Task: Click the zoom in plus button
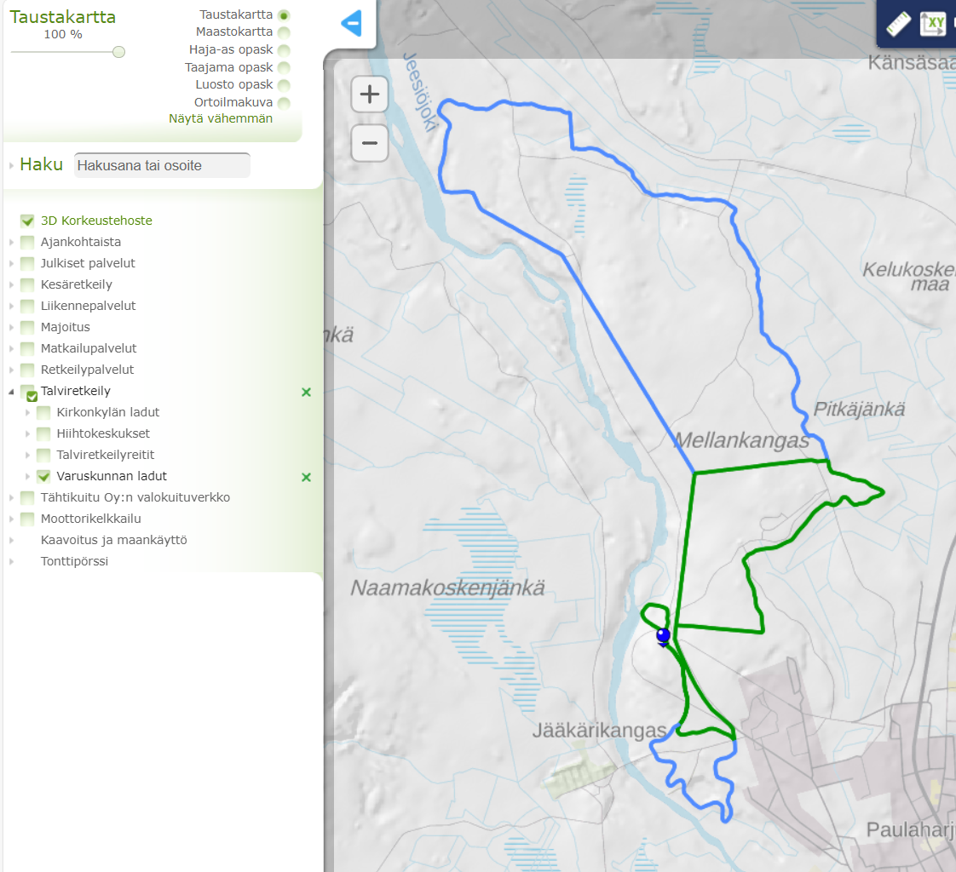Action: click(x=370, y=95)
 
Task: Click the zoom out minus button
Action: click(x=370, y=142)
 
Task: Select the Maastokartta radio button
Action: click(x=284, y=32)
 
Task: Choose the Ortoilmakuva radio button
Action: click(x=284, y=103)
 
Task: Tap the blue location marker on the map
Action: click(x=663, y=635)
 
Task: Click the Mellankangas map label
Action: click(x=741, y=441)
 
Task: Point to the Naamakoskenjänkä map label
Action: click(x=447, y=588)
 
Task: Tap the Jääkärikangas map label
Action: click(x=599, y=731)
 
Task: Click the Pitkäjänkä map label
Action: click(x=859, y=410)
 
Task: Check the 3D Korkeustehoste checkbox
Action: click(x=27, y=221)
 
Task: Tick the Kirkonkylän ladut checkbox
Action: click(x=43, y=412)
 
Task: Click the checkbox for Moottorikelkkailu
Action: click(x=27, y=519)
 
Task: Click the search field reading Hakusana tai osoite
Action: click(x=163, y=165)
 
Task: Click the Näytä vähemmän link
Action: click(x=221, y=119)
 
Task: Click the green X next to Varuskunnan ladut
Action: click(x=307, y=477)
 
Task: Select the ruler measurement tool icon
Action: click(x=898, y=24)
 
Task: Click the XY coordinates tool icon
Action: click(x=933, y=24)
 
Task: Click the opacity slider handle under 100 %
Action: click(x=118, y=52)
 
